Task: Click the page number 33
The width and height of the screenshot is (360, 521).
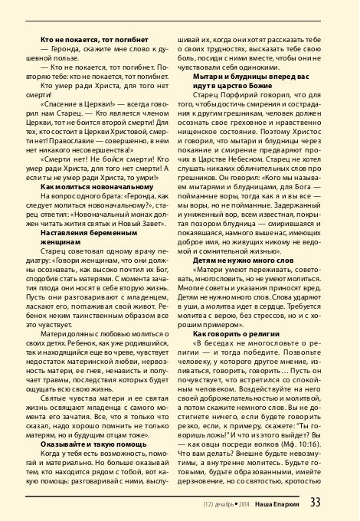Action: (x=337, y=503)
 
